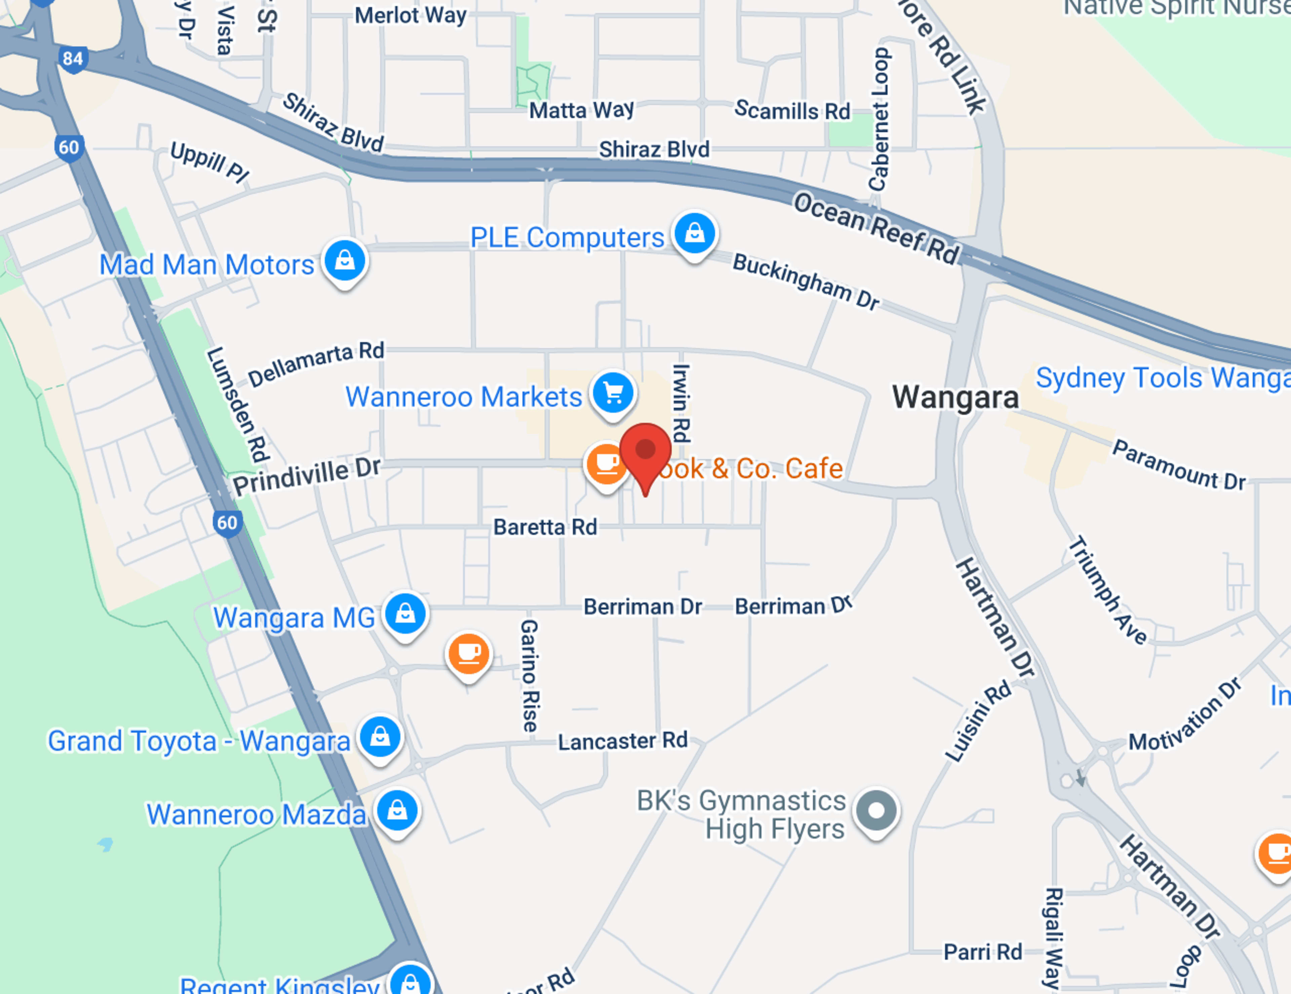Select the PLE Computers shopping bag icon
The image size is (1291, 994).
point(695,233)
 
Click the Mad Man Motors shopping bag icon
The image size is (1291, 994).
point(345,260)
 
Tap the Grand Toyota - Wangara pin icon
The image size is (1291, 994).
point(380,737)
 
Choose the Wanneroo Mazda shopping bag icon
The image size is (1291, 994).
point(397,810)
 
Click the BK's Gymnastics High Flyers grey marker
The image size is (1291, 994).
point(876,810)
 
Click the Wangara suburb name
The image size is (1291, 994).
point(955,397)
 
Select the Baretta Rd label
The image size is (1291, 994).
point(545,527)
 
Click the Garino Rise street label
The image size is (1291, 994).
point(529,675)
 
